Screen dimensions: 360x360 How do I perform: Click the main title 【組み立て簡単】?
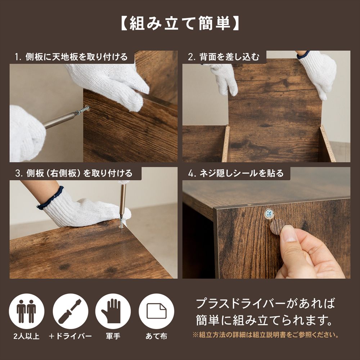click(180, 24)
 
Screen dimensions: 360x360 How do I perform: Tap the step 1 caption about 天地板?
click(71, 57)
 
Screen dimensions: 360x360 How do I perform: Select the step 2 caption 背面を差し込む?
click(224, 57)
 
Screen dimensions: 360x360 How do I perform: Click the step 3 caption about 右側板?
click(74, 173)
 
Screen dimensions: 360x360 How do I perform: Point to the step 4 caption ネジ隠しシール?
click(236, 173)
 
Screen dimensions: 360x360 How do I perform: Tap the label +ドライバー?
click(71, 337)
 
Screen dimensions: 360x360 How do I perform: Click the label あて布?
click(156, 337)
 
